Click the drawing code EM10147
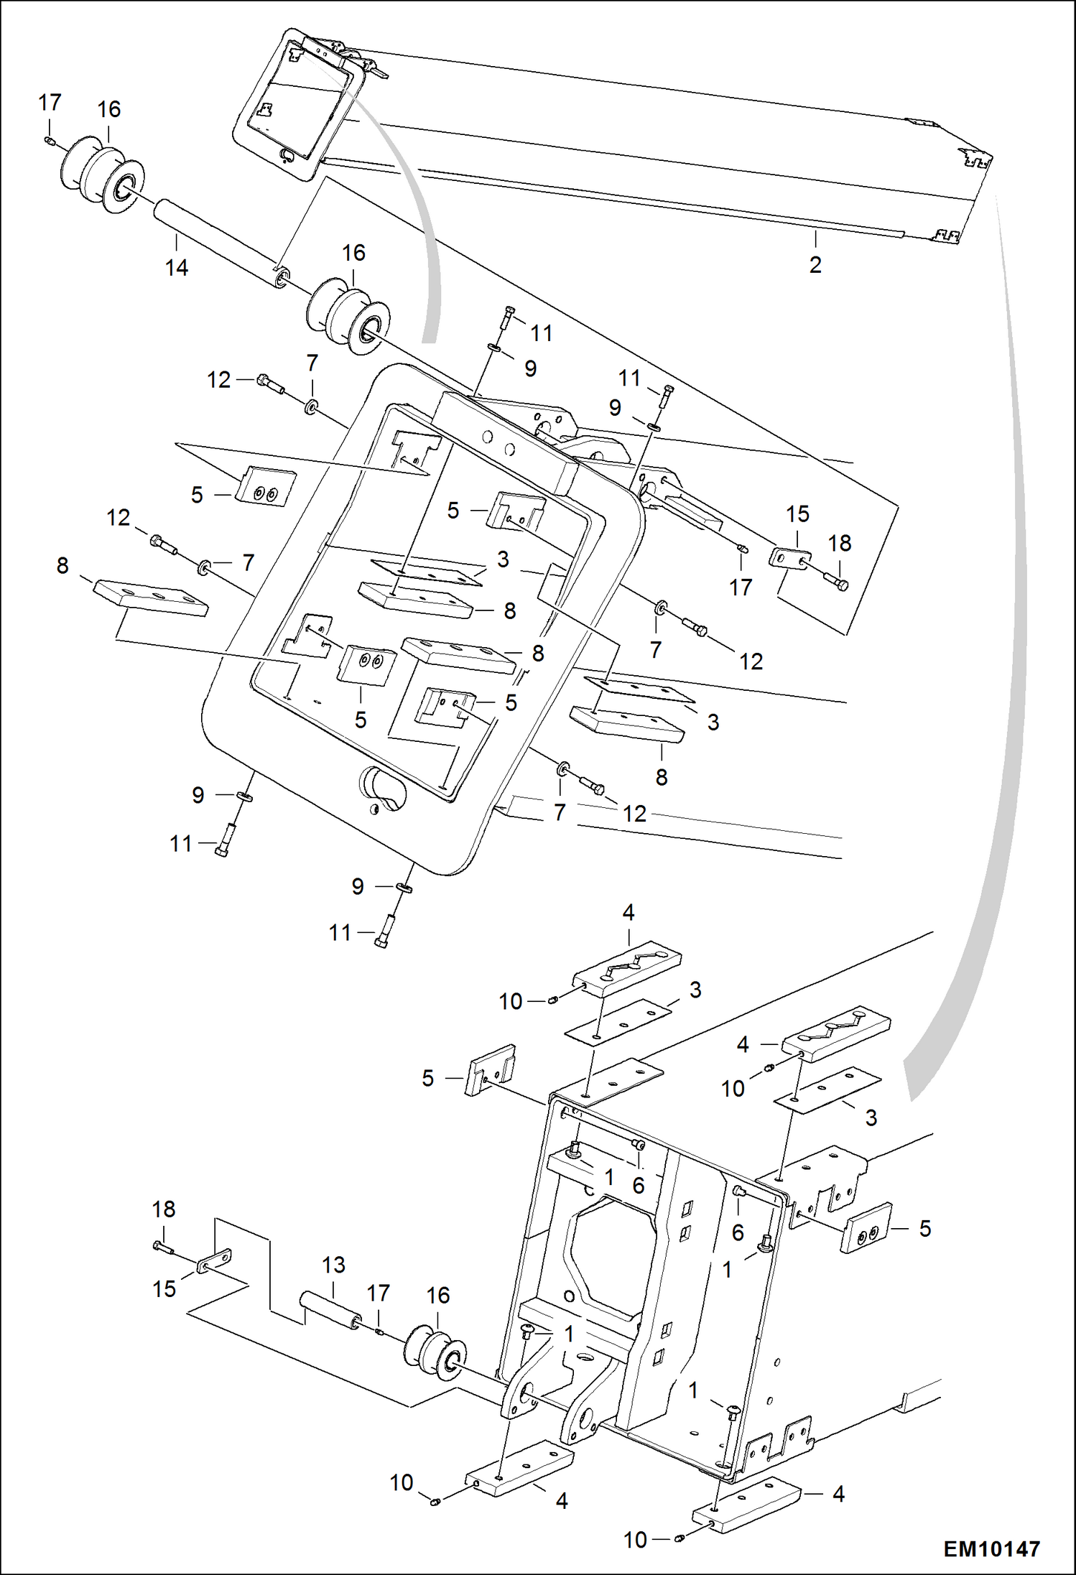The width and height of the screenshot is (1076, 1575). [x=991, y=1548]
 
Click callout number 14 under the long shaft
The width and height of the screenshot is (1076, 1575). [x=176, y=268]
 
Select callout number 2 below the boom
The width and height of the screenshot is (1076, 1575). [x=815, y=265]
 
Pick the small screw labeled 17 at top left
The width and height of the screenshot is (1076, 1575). [x=49, y=140]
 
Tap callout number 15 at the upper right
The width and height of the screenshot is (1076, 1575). [x=797, y=514]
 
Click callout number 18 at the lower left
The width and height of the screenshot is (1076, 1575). [x=163, y=1209]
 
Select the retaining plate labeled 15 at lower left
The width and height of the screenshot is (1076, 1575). [x=215, y=1260]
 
